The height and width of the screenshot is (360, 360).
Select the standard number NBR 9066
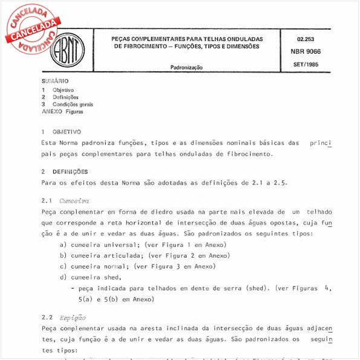pos(306,51)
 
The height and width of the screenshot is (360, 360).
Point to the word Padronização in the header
pos(186,68)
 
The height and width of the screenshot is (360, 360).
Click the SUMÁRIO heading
pos(55,81)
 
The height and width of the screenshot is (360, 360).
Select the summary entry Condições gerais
pos(73,104)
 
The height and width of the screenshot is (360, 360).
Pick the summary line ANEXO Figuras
pos(62,111)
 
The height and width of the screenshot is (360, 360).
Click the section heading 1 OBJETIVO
pos(61,131)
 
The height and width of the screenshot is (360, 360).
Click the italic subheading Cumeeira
pos(74,200)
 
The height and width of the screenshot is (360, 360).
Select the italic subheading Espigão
pos(72,317)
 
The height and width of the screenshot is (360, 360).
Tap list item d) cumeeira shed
pos(100,277)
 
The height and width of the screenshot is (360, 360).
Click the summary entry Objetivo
pos(63,90)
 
